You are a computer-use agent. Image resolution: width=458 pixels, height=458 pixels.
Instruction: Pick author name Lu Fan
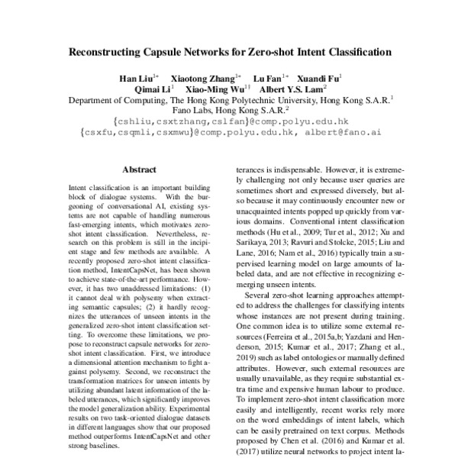[267, 78]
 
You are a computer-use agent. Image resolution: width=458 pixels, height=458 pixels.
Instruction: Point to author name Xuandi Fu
[321, 78]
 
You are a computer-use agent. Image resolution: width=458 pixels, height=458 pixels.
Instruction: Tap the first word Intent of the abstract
[78, 187]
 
